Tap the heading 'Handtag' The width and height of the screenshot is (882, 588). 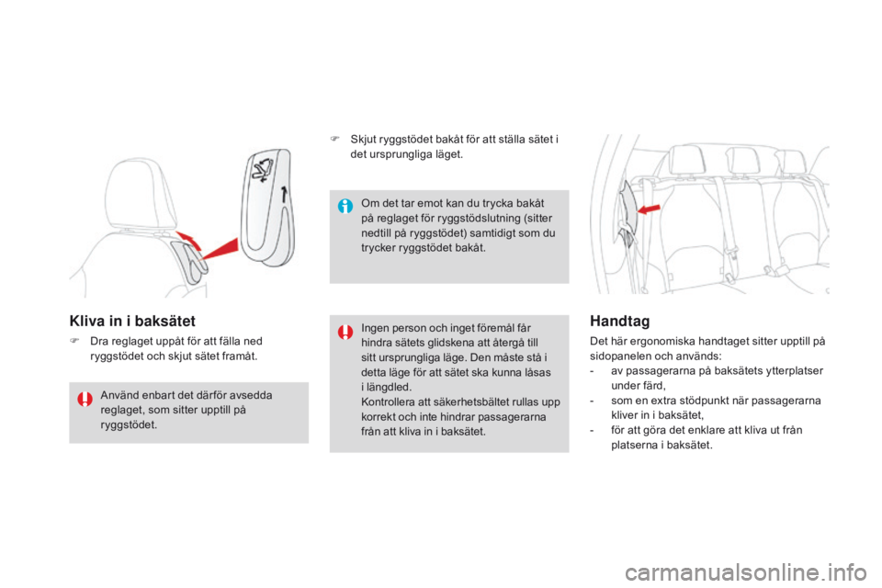pos(620,321)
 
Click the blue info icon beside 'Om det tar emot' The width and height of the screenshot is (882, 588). pos(345,206)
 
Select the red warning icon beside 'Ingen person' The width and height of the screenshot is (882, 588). pos(345,331)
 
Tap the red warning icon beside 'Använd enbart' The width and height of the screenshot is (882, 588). pos(85,399)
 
